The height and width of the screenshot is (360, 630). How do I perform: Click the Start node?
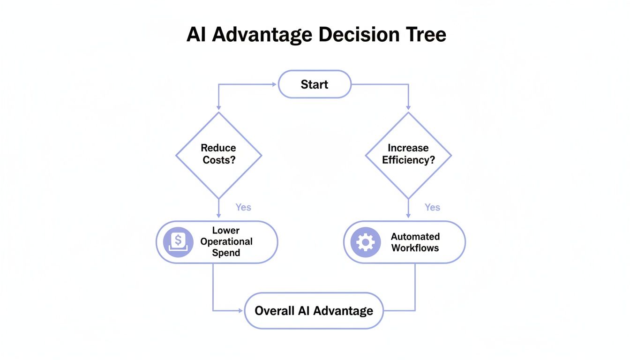[x=315, y=84]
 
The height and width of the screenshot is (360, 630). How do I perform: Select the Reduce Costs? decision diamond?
[x=218, y=155]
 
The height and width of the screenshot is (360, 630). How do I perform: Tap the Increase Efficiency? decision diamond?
[x=408, y=155]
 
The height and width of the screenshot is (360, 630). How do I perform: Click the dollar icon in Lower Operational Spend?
[x=178, y=242]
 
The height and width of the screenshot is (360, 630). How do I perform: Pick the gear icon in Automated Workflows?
[x=366, y=242]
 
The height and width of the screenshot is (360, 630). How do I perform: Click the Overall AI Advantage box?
[x=314, y=310]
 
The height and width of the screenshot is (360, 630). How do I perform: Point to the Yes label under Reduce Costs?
[x=243, y=207]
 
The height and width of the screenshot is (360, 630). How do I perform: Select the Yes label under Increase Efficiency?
[x=432, y=207]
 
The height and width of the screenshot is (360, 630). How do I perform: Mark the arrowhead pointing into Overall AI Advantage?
[x=242, y=310]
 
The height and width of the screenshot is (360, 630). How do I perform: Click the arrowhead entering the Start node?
[x=274, y=84]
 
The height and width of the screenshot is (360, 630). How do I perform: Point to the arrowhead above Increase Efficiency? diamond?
[x=408, y=108]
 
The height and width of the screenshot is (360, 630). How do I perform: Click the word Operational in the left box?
[x=226, y=242]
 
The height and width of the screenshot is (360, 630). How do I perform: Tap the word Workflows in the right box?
[x=415, y=248]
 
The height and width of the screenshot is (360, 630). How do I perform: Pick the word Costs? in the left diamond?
[x=218, y=160]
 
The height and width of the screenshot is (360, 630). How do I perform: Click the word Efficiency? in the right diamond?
[x=408, y=160]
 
